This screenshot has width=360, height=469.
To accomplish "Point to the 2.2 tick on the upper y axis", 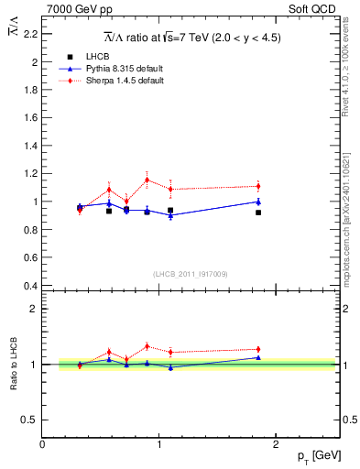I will (x=30, y=34).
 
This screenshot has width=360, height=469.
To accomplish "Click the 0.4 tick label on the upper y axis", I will (x=30, y=285).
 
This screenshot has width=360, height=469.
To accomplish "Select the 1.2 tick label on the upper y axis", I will (x=30, y=173).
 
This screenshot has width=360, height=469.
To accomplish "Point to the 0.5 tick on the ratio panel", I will (x=30, y=420).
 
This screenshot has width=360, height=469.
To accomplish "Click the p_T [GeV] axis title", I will (x=318, y=455).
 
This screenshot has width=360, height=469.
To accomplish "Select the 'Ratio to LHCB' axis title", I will (x=13, y=365).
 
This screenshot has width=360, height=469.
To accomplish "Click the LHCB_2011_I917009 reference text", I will (x=191, y=274).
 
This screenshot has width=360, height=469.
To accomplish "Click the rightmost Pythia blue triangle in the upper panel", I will (x=258, y=202).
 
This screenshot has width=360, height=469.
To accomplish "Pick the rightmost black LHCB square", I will (x=258, y=213).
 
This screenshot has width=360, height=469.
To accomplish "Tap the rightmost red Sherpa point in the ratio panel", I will (x=258, y=349).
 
